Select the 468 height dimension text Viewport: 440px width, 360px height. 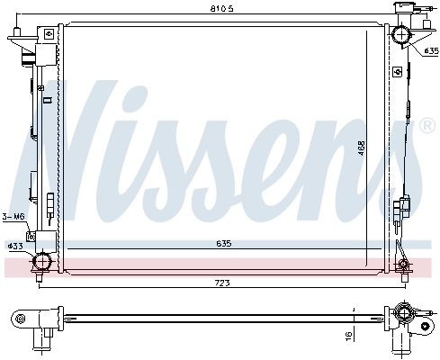(359, 148)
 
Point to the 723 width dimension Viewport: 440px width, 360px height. (221, 283)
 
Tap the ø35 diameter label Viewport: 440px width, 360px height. (429, 50)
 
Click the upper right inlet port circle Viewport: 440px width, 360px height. (400, 37)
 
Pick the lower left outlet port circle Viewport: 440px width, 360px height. (40, 264)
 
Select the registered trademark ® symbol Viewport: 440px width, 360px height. (427, 126)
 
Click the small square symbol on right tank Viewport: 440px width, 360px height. (397, 71)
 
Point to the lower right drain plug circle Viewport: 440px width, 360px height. (403, 265)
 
